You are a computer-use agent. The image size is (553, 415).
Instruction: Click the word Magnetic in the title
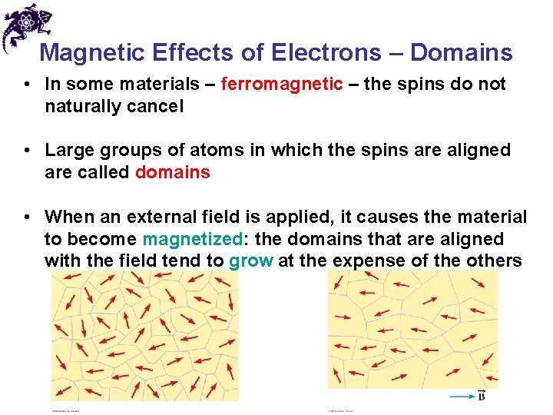click(x=91, y=52)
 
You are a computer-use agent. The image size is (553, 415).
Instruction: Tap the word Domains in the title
click(x=461, y=52)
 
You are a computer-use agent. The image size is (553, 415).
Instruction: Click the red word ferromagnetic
click(x=282, y=84)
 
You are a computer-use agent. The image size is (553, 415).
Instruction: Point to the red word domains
click(x=172, y=172)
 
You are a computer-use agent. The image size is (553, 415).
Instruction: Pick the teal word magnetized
click(x=192, y=240)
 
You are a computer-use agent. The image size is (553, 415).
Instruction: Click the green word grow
click(x=251, y=261)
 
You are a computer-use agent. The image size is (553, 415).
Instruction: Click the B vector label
click(x=481, y=396)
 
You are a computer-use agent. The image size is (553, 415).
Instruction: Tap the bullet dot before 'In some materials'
click(x=28, y=84)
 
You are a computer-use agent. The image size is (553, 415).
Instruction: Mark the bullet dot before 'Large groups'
click(x=28, y=150)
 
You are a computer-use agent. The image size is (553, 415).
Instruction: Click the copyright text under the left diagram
click(x=65, y=410)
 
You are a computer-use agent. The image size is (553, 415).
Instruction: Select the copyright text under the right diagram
click(x=343, y=410)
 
